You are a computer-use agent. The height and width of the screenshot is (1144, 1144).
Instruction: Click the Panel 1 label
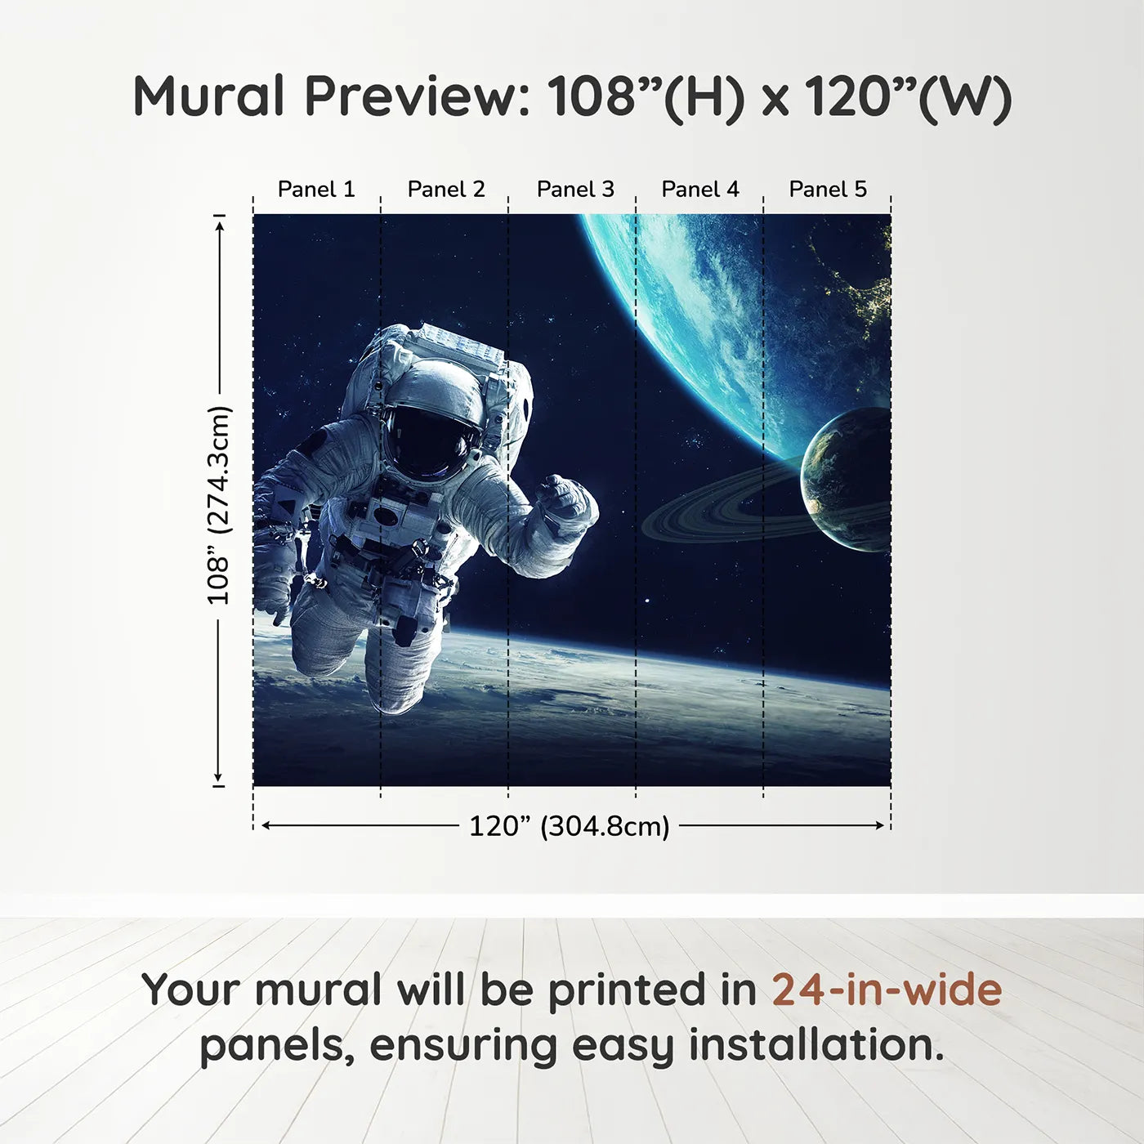click(316, 189)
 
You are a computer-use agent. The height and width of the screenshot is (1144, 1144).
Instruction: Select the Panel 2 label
click(446, 189)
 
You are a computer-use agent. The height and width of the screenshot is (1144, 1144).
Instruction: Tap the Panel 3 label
click(575, 189)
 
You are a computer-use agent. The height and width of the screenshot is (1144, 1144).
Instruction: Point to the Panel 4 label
click(700, 189)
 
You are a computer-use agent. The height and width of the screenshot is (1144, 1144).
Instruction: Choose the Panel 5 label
click(828, 189)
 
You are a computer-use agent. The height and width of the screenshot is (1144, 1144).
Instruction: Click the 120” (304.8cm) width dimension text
click(569, 826)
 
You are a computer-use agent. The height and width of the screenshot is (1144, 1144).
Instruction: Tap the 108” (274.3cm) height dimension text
click(219, 505)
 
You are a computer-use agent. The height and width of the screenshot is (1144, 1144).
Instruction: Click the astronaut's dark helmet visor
click(429, 441)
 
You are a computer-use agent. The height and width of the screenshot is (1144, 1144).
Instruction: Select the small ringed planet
click(846, 482)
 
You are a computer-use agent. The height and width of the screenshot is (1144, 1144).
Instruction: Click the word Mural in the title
click(208, 96)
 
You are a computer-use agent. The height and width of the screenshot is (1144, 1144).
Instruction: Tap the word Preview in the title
click(417, 96)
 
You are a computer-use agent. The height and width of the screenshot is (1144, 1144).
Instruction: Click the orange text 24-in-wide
click(887, 990)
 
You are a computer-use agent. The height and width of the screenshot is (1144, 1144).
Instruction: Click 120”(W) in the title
click(908, 96)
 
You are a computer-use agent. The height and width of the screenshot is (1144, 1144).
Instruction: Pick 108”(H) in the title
click(646, 96)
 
